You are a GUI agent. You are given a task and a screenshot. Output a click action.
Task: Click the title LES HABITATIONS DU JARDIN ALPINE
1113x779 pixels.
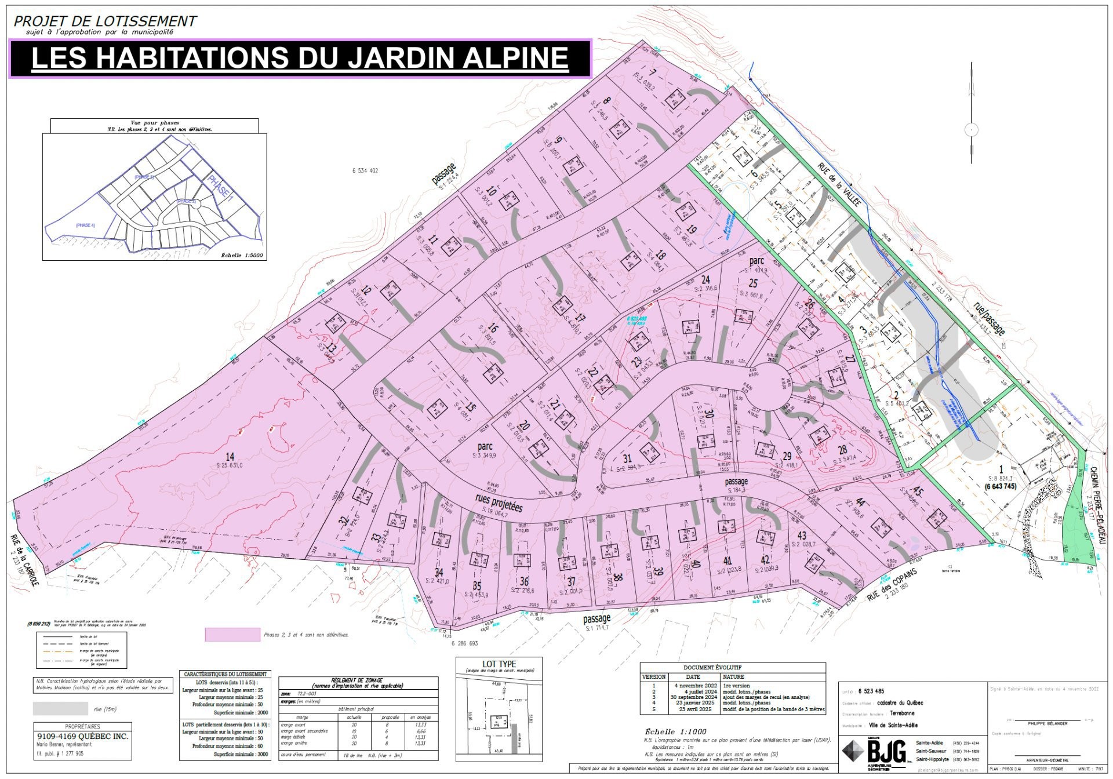(299, 57)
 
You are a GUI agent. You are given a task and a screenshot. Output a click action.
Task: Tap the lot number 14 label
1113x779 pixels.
(230, 457)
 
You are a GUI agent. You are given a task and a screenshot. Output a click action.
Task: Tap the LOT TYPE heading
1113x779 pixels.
(499, 664)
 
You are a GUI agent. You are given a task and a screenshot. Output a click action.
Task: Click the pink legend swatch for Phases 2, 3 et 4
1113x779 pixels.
(232, 635)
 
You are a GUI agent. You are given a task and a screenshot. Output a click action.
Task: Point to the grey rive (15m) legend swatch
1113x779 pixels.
(60, 708)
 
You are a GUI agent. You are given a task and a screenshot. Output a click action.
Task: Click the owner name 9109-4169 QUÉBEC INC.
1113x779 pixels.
(82, 737)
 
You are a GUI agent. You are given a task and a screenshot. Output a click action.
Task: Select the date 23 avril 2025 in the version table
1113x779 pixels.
(693, 709)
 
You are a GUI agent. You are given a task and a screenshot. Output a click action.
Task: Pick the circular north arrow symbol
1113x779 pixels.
(972, 130)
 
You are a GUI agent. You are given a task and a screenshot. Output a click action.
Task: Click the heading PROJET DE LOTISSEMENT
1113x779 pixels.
(105, 21)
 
